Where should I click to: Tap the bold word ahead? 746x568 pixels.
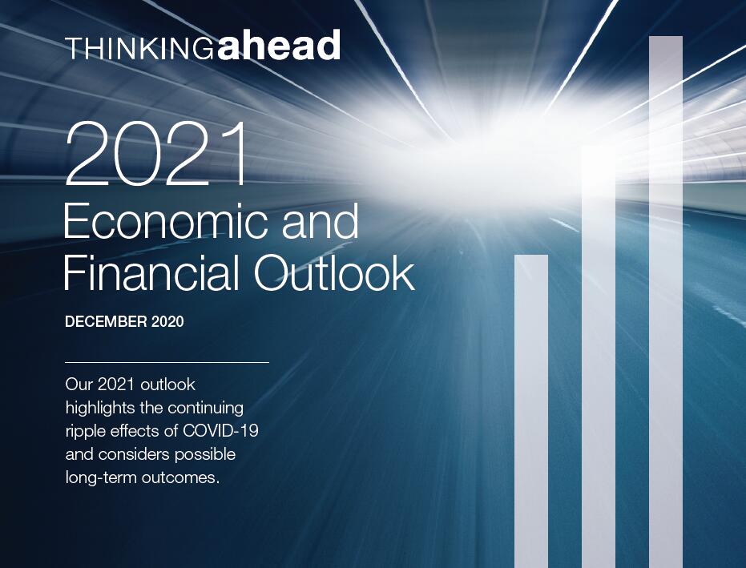click(x=280, y=45)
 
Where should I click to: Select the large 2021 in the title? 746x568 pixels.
click(x=157, y=153)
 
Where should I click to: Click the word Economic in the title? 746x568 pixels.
click(x=168, y=221)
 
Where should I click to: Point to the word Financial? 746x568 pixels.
click(x=151, y=272)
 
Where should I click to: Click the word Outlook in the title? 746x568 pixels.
click(x=334, y=272)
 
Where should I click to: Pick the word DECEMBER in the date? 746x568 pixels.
click(x=106, y=322)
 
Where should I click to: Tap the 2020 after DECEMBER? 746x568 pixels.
click(x=167, y=322)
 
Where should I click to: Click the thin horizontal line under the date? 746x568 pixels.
click(x=167, y=362)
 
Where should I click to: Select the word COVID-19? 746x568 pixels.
click(x=221, y=430)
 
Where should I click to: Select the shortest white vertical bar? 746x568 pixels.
click(x=531, y=412)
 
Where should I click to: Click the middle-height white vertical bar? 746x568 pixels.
click(x=599, y=357)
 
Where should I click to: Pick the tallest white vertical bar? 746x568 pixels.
click(x=666, y=302)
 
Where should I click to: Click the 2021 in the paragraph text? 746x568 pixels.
click(x=114, y=385)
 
